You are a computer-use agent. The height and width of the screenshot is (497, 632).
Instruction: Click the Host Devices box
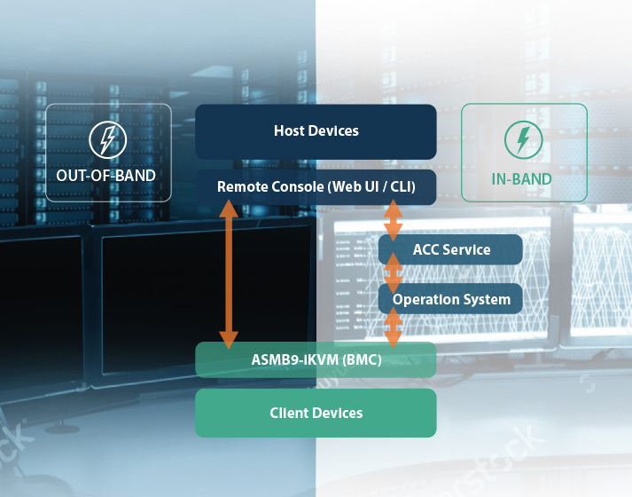[316, 131]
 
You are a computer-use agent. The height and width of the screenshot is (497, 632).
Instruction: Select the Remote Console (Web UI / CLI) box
[316, 186]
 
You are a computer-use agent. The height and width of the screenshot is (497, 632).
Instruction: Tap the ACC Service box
[451, 249]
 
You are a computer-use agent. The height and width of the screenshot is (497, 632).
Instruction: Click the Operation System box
[451, 299]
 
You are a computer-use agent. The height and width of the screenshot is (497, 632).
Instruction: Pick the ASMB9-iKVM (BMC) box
[316, 359]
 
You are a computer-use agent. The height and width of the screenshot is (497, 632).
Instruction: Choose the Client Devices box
[316, 413]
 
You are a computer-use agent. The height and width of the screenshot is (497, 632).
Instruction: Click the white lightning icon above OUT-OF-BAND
[107, 139]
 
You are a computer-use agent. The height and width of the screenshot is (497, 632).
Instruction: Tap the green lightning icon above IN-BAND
[522, 139]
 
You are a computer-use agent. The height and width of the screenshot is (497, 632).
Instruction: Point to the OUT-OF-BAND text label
[106, 176]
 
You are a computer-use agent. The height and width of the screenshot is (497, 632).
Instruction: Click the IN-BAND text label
[522, 178]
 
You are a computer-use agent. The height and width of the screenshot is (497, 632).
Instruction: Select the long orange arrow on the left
[229, 273]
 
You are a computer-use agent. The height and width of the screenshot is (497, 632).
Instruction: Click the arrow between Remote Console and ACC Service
[393, 221]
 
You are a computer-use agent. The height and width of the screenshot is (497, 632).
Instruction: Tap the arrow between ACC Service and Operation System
[393, 272]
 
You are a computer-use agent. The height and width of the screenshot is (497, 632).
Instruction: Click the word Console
[297, 186]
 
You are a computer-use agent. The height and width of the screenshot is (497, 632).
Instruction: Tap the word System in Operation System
[488, 299]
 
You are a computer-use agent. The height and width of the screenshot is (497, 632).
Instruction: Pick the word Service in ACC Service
[466, 249]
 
